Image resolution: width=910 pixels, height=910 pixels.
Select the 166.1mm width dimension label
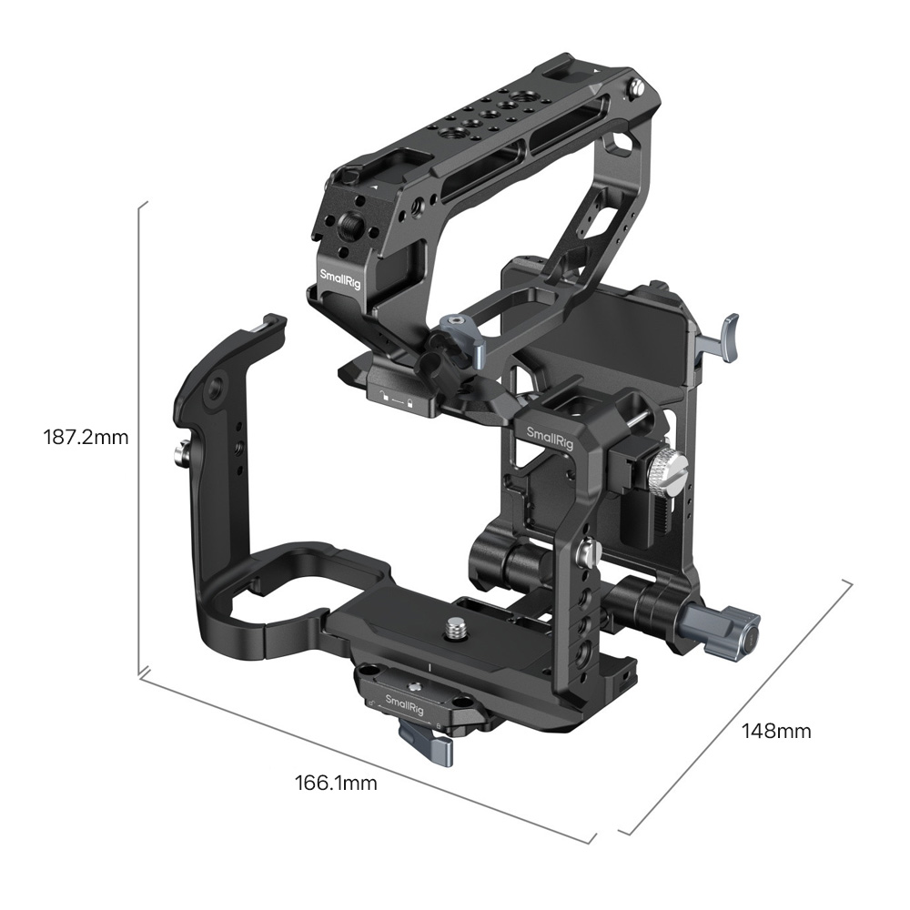(x=336, y=784)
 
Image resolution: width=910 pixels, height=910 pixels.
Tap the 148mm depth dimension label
(x=776, y=732)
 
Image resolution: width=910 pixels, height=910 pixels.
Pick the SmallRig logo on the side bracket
(x=541, y=439)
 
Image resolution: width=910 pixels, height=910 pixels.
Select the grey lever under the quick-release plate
(x=429, y=736)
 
